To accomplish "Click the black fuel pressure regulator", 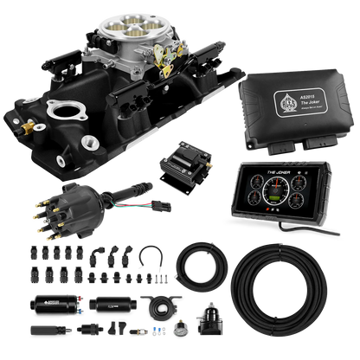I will pyautogui.click(x=214, y=330).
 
